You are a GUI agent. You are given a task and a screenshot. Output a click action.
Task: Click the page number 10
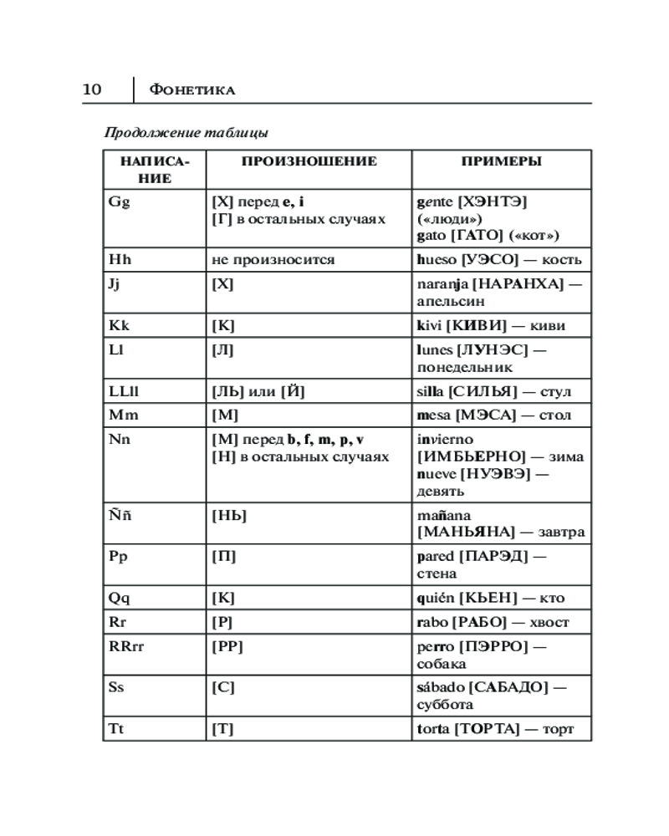coord(92,89)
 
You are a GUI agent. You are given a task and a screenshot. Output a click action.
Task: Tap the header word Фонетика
coord(191,89)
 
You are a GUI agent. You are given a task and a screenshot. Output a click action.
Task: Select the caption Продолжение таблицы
coord(186,132)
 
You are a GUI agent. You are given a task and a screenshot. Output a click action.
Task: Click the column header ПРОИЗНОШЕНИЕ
coord(309,161)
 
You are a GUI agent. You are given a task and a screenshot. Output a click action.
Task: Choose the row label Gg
coord(119,201)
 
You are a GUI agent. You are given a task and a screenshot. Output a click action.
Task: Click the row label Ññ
coord(120,515)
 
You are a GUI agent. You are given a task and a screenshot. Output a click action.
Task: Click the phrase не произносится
coord(273,259)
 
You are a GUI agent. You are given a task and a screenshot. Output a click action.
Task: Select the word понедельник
coord(464,367)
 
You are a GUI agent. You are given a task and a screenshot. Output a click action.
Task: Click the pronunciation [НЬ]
coord(229,516)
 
